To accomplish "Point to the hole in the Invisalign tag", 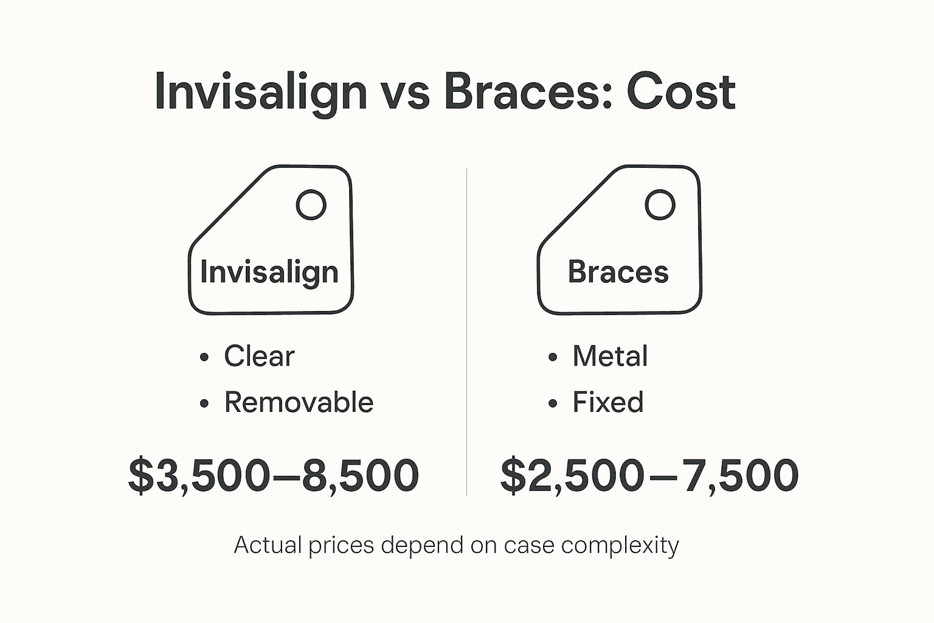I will pyautogui.click(x=311, y=205).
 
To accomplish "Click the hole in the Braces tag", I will pyautogui.click(x=659, y=205).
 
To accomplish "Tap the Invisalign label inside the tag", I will pyautogui.click(x=269, y=272).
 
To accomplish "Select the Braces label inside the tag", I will pyautogui.click(x=618, y=272).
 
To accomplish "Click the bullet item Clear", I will pyautogui.click(x=259, y=356).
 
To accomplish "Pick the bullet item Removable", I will pyautogui.click(x=299, y=402).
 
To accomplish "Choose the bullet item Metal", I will pyautogui.click(x=610, y=356).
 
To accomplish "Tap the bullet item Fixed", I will pyautogui.click(x=607, y=402).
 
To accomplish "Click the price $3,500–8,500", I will pyautogui.click(x=274, y=475).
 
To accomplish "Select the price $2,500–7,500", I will pyautogui.click(x=649, y=475).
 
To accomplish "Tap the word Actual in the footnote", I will pyautogui.click(x=268, y=545).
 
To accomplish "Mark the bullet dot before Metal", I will pyautogui.click(x=552, y=357).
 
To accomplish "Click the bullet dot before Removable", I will pyautogui.click(x=204, y=403).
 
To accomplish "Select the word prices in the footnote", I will pyautogui.click(x=341, y=545).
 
